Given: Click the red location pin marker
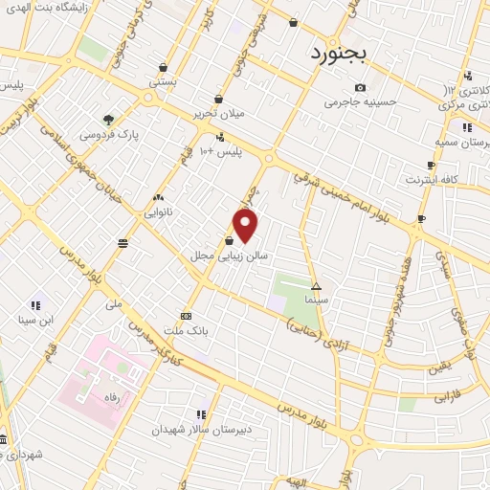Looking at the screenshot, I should pos(246,226).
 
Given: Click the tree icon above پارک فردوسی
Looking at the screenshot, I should pos(108,121).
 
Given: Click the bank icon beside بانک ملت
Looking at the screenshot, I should pos(186,316).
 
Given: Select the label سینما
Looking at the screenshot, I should pos(316,300).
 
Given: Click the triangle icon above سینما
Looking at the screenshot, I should pos(316,286).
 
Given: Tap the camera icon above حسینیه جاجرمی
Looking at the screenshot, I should pos(360,88).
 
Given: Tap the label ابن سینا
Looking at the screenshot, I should pos(34,320).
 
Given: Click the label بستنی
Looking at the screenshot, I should pos(162,82).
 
